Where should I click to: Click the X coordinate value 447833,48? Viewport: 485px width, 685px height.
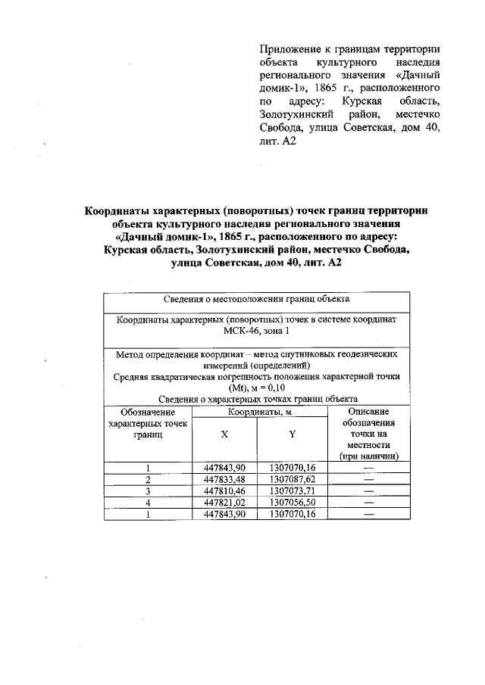tap(225, 478)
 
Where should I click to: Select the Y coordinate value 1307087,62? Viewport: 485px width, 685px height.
tap(292, 478)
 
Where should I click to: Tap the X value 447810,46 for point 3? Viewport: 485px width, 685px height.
tap(225, 490)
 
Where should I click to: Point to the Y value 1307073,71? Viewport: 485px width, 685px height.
tap(292, 490)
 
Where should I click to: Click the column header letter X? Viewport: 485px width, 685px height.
tap(224, 434)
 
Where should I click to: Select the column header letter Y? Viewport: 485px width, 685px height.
tap(292, 434)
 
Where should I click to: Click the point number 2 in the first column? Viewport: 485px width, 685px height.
tap(149, 478)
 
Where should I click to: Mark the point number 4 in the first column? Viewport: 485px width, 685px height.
tap(149, 501)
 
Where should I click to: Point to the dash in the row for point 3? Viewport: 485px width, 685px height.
tap(369, 490)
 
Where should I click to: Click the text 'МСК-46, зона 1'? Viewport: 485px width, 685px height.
tap(256, 332)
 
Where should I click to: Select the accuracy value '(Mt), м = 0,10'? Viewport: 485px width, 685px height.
tap(256, 388)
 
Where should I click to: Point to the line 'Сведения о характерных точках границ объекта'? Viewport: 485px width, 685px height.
tap(256, 399)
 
